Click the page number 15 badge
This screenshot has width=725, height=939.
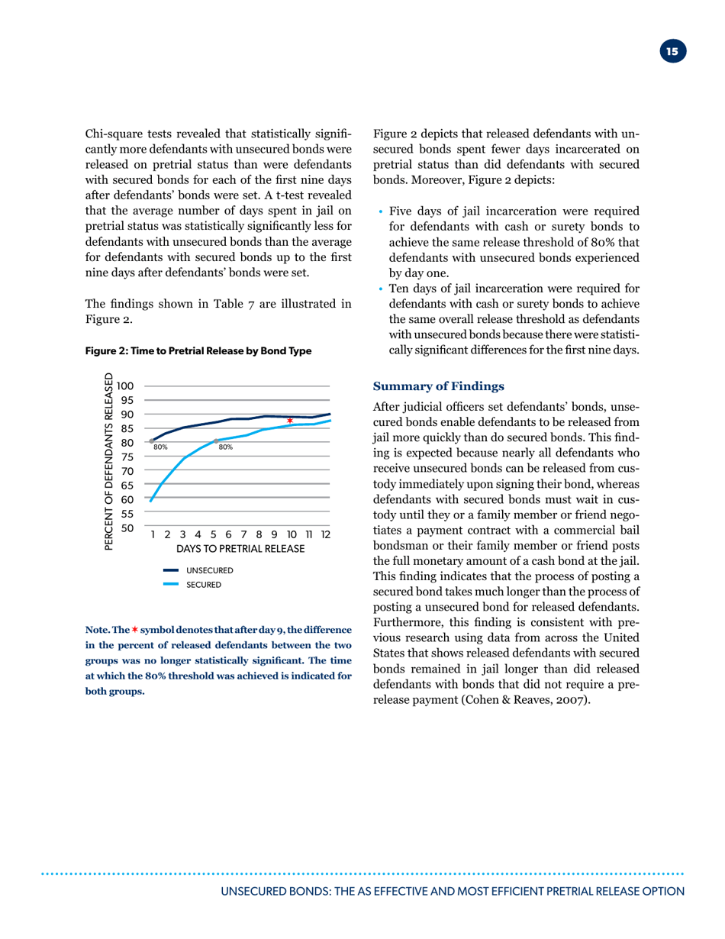672,52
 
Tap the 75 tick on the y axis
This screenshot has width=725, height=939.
128,457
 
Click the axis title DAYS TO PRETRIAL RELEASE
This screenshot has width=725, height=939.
240,550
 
